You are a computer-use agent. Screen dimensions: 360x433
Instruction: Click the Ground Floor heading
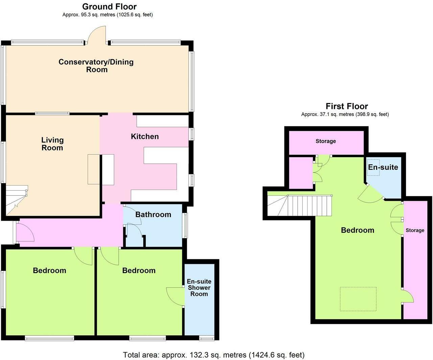pos(109,6)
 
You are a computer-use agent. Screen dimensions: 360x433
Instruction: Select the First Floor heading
pos(347,106)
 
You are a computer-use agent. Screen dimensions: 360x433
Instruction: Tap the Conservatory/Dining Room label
pos(96,66)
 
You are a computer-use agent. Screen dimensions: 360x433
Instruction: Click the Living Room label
pos(52,144)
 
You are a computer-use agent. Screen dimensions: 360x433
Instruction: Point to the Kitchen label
pos(145,137)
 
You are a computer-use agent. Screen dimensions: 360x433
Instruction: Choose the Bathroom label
pos(153,215)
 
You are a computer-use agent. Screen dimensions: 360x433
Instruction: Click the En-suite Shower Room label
pos(199,288)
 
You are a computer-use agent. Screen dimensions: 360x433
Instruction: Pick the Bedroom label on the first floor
pos(358,230)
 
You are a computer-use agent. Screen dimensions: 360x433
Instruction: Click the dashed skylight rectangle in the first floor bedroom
pos(358,299)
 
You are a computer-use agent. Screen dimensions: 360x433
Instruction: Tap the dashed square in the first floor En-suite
pos(373,168)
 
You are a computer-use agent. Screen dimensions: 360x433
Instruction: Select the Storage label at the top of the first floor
pos(326,141)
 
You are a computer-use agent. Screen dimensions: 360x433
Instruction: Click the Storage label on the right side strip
pos(415,230)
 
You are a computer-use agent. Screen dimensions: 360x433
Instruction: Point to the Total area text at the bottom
pos(213,355)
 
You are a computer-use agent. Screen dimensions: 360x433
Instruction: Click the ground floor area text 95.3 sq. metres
pos(108,15)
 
